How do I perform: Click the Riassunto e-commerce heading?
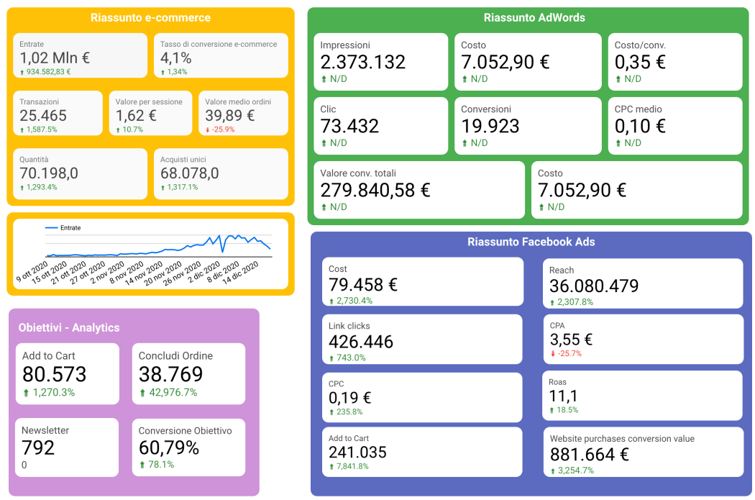coord(150,18)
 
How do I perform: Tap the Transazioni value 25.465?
coord(43,116)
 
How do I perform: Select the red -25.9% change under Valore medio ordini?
coord(221,129)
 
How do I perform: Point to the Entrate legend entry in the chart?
coord(63,228)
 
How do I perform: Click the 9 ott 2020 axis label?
coord(32,272)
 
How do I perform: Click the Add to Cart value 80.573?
coord(55,374)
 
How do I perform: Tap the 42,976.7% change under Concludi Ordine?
coord(169,393)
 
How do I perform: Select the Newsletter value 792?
coord(38,448)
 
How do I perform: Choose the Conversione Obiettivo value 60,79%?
coord(169,448)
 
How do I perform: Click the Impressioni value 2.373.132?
coord(363,62)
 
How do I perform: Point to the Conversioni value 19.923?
coord(490,126)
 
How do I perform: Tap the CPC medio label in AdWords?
coord(638,109)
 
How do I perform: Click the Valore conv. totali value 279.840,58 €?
coord(375,190)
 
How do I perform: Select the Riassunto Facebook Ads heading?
coord(531,242)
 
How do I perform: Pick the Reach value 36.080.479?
coord(594,286)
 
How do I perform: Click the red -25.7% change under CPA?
coord(567,353)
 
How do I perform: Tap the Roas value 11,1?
coord(563,396)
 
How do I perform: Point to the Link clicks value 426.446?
coord(361,342)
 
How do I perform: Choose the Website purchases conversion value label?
coord(622,439)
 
